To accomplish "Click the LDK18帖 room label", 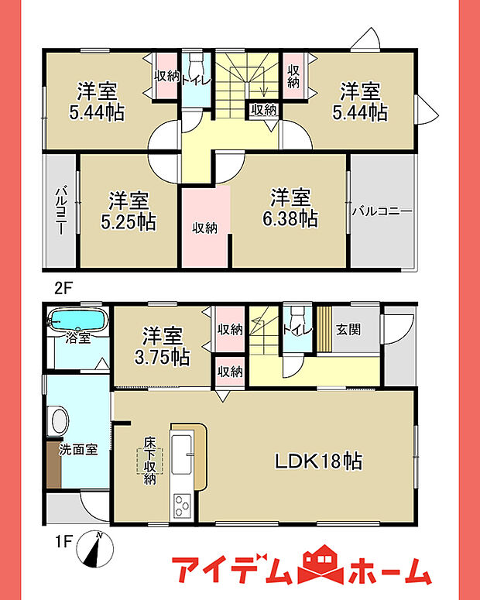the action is pyautogui.click(x=318, y=461).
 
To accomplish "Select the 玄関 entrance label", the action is pyautogui.click(x=348, y=330).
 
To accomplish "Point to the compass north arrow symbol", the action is pyautogui.click(x=95, y=549).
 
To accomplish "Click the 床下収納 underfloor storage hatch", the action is pyautogui.click(x=149, y=461).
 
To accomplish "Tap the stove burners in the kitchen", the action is pyautogui.click(x=182, y=506).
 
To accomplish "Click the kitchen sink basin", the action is pyautogui.click(x=181, y=454).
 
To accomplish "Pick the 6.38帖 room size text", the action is pyautogui.click(x=290, y=219).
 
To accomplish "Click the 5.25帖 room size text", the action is pyautogui.click(x=129, y=222).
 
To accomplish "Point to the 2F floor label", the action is pyautogui.click(x=63, y=288).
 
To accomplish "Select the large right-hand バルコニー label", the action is pyautogui.click(x=382, y=211).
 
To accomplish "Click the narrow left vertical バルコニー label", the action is pyautogui.click(x=60, y=211).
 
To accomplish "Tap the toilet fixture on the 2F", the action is pyautogui.click(x=197, y=61).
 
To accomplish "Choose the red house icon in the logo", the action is pyautogui.click(x=321, y=566).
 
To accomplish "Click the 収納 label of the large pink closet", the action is pyautogui.click(x=205, y=228).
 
